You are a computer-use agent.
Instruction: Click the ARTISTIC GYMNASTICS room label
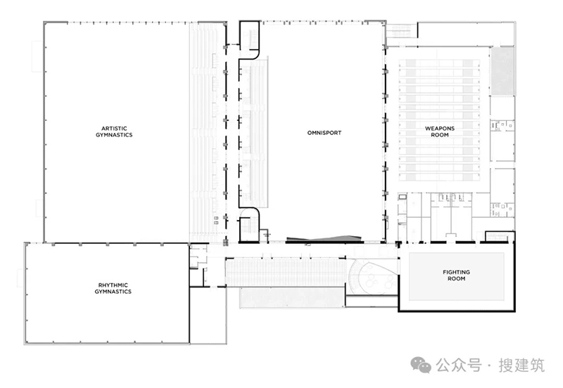click(x=114, y=131)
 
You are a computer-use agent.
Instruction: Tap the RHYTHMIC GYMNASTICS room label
click(x=113, y=288)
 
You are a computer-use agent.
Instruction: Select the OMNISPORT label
click(x=324, y=133)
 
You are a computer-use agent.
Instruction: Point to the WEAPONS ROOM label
click(x=440, y=131)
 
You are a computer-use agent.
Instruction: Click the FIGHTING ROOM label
click(x=456, y=276)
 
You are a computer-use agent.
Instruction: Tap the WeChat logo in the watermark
click(x=421, y=365)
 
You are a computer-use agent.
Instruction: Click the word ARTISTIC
click(x=114, y=129)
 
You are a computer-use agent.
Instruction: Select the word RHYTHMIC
click(x=113, y=285)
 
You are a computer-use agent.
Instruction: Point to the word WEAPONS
click(x=440, y=129)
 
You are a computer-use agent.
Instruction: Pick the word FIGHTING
click(x=456, y=272)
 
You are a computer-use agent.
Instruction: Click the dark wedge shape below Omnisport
click(x=324, y=239)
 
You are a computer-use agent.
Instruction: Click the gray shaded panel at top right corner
click(x=502, y=71)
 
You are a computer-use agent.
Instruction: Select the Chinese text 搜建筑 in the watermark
click(x=521, y=366)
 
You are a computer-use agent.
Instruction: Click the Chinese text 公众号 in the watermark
click(x=459, y=366)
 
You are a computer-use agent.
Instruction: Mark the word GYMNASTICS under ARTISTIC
click(x=114, y=135)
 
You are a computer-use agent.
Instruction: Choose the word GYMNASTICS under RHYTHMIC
click(x=113, y=292)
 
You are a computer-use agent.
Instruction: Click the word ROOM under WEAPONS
click(x=440, y=135)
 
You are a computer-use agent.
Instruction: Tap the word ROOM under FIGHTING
click(x=456, y=278)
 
